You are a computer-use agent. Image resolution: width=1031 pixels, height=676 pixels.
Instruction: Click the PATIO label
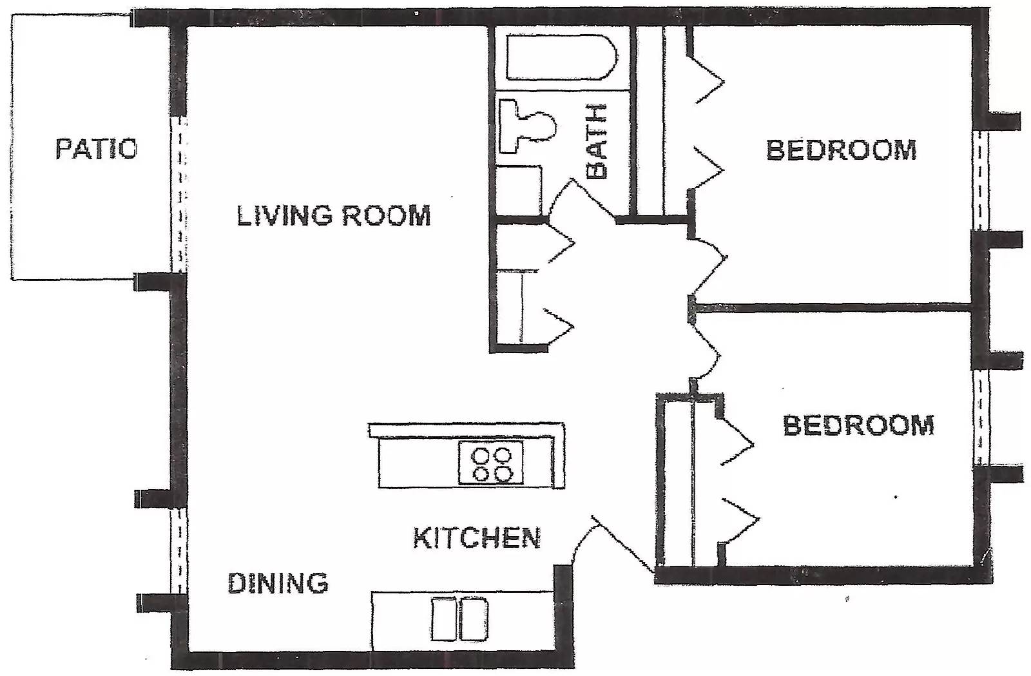point(96,149)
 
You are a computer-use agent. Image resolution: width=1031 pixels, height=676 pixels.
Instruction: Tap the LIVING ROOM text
point(334,215)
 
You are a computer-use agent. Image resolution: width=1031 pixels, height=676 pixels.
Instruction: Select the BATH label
point(597,141)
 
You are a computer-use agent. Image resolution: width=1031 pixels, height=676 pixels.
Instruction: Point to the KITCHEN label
point(476,537)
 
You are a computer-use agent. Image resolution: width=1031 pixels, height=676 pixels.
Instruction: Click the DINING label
point(278,583)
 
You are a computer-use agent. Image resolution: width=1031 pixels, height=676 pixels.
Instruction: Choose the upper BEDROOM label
point(841,150)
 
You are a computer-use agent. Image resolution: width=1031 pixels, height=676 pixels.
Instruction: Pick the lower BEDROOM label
point(858,425)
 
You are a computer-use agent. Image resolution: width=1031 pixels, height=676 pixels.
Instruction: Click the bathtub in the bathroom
point(561,57)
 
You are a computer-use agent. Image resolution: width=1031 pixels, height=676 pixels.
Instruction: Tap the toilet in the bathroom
point(528,125)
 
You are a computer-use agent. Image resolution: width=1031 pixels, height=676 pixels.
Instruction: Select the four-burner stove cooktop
point(491,463)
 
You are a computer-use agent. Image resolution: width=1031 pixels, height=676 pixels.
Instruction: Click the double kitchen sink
point(459,619)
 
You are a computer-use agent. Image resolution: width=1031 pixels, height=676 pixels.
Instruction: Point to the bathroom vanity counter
point(519,191)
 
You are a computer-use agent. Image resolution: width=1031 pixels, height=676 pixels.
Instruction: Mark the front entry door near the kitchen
point(612,544)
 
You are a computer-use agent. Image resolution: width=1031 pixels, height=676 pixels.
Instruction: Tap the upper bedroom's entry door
point(708,266)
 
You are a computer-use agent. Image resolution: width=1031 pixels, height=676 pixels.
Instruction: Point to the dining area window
point(179,551)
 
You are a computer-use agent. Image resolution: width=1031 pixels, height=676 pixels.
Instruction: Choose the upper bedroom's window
point(980,180)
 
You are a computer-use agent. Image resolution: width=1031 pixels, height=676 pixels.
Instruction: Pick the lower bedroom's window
point(981,418)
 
